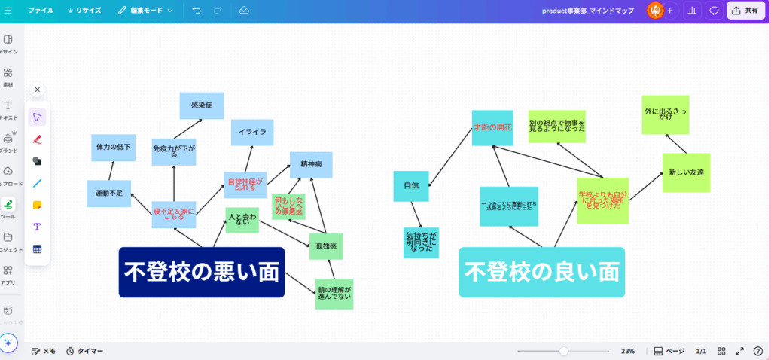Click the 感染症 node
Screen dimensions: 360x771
pos(202,105)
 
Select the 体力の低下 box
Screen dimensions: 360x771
pos(113,148)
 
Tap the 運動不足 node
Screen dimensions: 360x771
pos(109,194)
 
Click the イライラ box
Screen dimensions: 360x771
pos(252,132)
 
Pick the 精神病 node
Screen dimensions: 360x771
pos(311,164)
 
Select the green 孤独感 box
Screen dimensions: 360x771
pos(326,246)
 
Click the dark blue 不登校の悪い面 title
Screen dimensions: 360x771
pos(202,272)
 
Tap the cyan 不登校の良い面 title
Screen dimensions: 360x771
pos(541,272)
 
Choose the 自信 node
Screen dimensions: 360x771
pos(411,185)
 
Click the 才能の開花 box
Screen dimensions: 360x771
pos(492,127)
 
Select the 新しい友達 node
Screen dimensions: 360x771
pos(686,172)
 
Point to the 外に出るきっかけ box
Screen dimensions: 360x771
pos(666,114)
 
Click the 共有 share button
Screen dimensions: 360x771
pos(745,11)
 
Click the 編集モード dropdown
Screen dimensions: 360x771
pos(145,11)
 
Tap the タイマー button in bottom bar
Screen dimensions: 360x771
pos(84,351)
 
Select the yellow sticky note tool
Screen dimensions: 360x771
pos(37,205)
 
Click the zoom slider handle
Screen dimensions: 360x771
pos(563,351)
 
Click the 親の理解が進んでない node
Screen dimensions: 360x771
pos(334,294)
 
